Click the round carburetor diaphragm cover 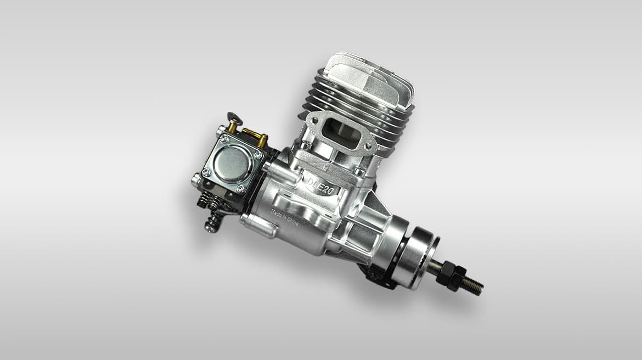click(x=231, y=164)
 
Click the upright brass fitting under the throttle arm click(x=233, y=127)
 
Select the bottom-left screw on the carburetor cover click(x=206, y=172)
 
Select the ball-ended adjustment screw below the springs click(x=211, y=225)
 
